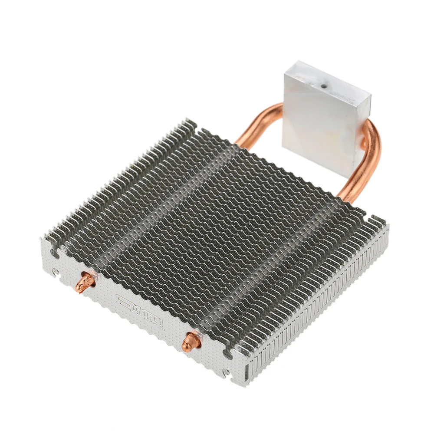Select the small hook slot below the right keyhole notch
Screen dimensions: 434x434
[224, 372]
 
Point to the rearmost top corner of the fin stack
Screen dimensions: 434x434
[191, 119]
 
